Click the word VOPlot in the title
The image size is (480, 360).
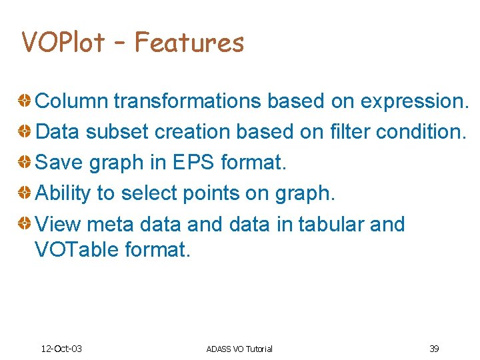pyautogui.click(x=63, y=43)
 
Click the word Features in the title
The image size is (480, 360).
pyautogui.click(x=189, y=43)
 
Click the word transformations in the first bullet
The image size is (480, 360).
pyautogui.click(x=189, y=101)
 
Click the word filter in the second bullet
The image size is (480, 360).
pyautogui.click(x=350, y=132)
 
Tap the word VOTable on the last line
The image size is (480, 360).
pyautogui.click(x=77, y=250)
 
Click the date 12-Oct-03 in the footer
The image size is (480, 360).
pyautogui.click(x=61, y=349)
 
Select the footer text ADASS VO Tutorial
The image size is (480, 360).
pyautogui.click(x=239, y=349)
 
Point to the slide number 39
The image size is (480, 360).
pyautogui.click(x=434, y=349)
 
